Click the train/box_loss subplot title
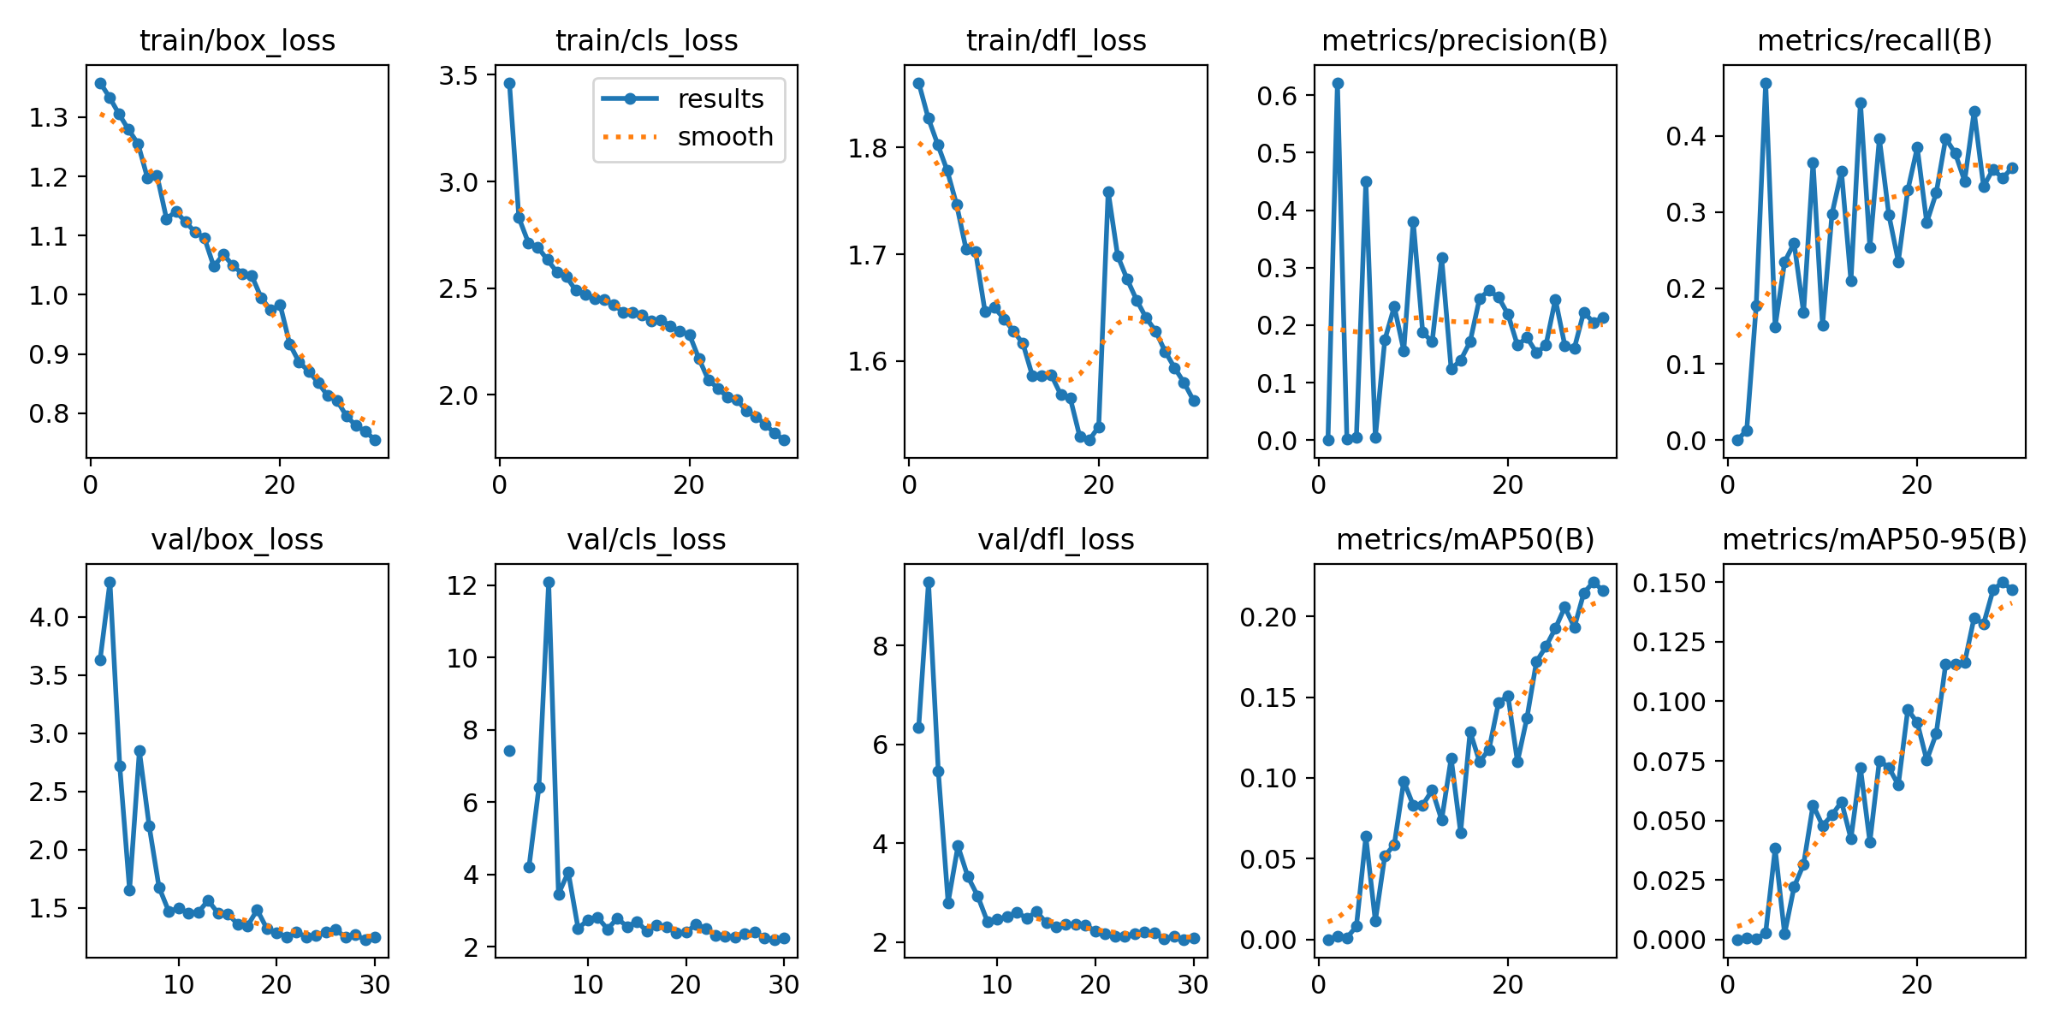coord(237,40)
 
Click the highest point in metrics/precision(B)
coord(1338,83)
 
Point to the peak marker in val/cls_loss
coord(549,582)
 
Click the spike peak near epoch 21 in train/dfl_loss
coord(1108,193)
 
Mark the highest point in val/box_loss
coord(110,582)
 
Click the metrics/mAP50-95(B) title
coord(1874,539)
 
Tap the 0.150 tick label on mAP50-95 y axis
coord(1669,583)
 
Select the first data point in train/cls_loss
coord(510,83)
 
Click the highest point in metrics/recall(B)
coord(1766,83)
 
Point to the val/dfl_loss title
coord(1056,539)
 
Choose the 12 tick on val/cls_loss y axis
coord(463,585)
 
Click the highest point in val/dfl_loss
coord(929,582)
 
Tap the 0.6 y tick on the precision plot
coord(1277,96)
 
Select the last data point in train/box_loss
coord(375,440)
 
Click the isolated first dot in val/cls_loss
coord(509,751)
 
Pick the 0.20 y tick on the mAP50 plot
coord(1268,617)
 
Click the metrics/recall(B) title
coord(1874,40)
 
